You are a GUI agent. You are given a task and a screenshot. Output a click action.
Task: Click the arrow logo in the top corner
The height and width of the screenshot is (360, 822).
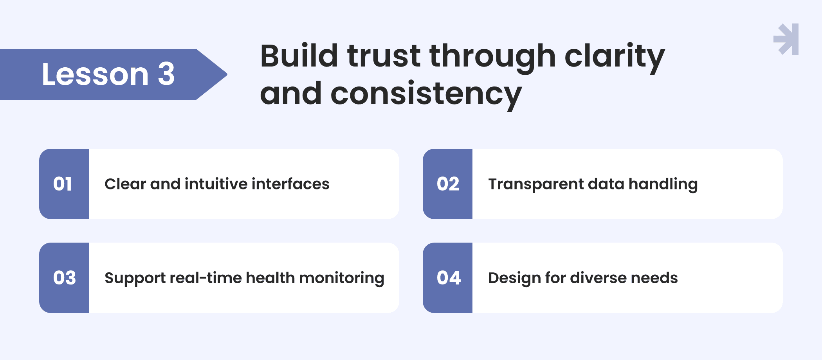point(786,39)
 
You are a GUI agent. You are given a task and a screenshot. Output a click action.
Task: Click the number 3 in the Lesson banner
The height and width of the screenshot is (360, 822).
point(166,74)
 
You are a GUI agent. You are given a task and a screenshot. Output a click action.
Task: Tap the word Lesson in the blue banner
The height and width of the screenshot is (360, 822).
point(95,74)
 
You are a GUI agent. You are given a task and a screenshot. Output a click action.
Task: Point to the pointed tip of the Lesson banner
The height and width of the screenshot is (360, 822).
point(227,74)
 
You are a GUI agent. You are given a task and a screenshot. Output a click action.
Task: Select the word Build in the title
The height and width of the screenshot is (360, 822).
point(299,56)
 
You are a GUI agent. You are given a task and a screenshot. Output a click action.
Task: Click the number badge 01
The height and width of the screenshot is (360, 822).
point(64,184)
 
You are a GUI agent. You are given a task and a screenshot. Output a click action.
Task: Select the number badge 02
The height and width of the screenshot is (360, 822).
point(447,184)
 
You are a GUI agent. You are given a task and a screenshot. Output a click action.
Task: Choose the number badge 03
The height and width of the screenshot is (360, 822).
point(64,278)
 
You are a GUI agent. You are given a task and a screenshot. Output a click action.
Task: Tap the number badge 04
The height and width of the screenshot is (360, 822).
point(447,278)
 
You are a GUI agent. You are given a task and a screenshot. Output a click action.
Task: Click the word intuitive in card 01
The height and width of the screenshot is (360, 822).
point(216,184)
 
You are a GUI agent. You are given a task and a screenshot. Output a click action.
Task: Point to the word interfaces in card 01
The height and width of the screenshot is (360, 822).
point(290,184)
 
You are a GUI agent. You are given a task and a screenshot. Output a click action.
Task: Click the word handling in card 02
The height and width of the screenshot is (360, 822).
point(663,184)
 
